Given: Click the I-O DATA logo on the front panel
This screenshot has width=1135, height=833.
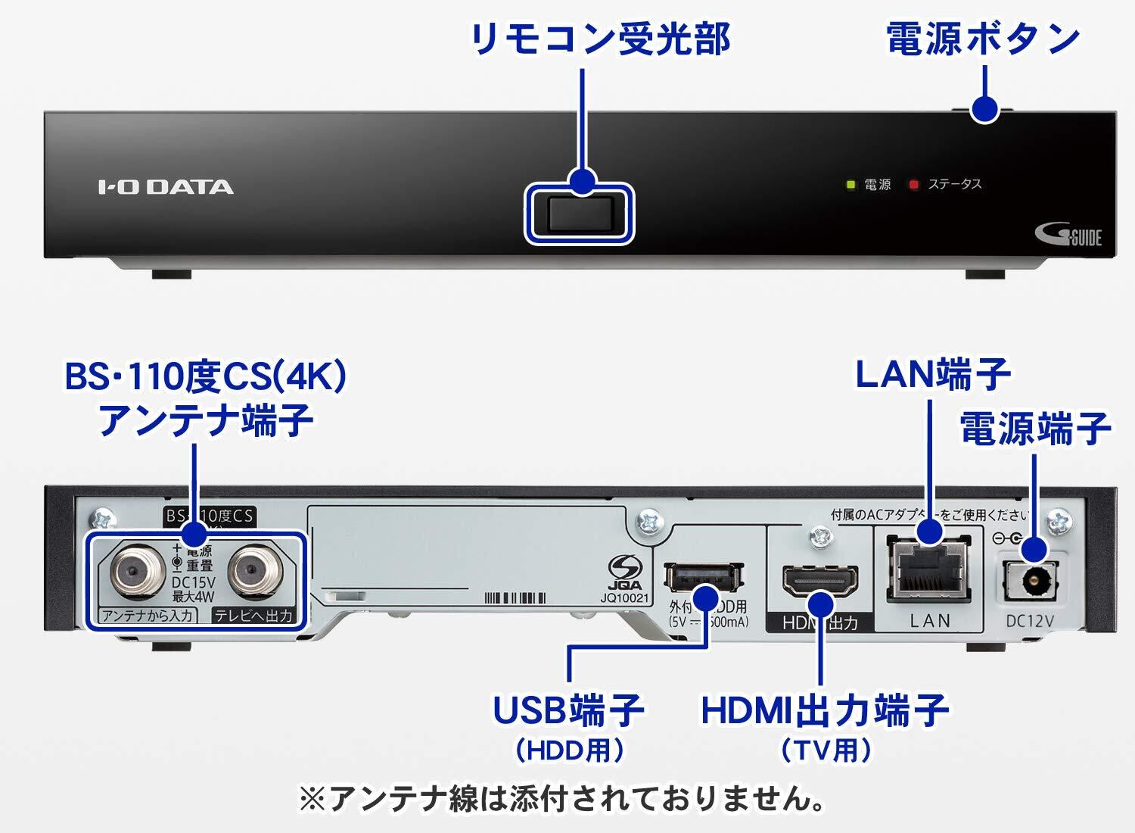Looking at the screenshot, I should click(166, 186).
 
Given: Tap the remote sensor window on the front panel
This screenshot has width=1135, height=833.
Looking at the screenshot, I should click(579, 214).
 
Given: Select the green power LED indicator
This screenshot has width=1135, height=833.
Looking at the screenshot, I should click(850, 185).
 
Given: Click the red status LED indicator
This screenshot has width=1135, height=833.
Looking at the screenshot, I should click(914, 185).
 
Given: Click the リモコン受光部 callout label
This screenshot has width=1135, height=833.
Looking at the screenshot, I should click(599, 39).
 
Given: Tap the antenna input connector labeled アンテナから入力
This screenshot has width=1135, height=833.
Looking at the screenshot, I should click(135, 574).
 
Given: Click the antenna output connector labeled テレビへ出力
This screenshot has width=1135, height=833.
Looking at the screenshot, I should click(253, 574).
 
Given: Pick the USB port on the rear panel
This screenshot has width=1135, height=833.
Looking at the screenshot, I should click(702, 578).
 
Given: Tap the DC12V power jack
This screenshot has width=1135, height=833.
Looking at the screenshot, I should click(1030, 582).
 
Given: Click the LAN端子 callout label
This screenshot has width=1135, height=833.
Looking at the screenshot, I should click(932, 374).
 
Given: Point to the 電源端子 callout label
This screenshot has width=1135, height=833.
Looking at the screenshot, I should click(1034, 428).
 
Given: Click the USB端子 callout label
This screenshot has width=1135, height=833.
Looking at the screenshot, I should click(568, 710).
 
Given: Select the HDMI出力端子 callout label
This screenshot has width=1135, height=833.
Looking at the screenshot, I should click(825, 710).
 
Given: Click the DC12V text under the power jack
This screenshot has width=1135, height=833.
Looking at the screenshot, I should click(1030, 621).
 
